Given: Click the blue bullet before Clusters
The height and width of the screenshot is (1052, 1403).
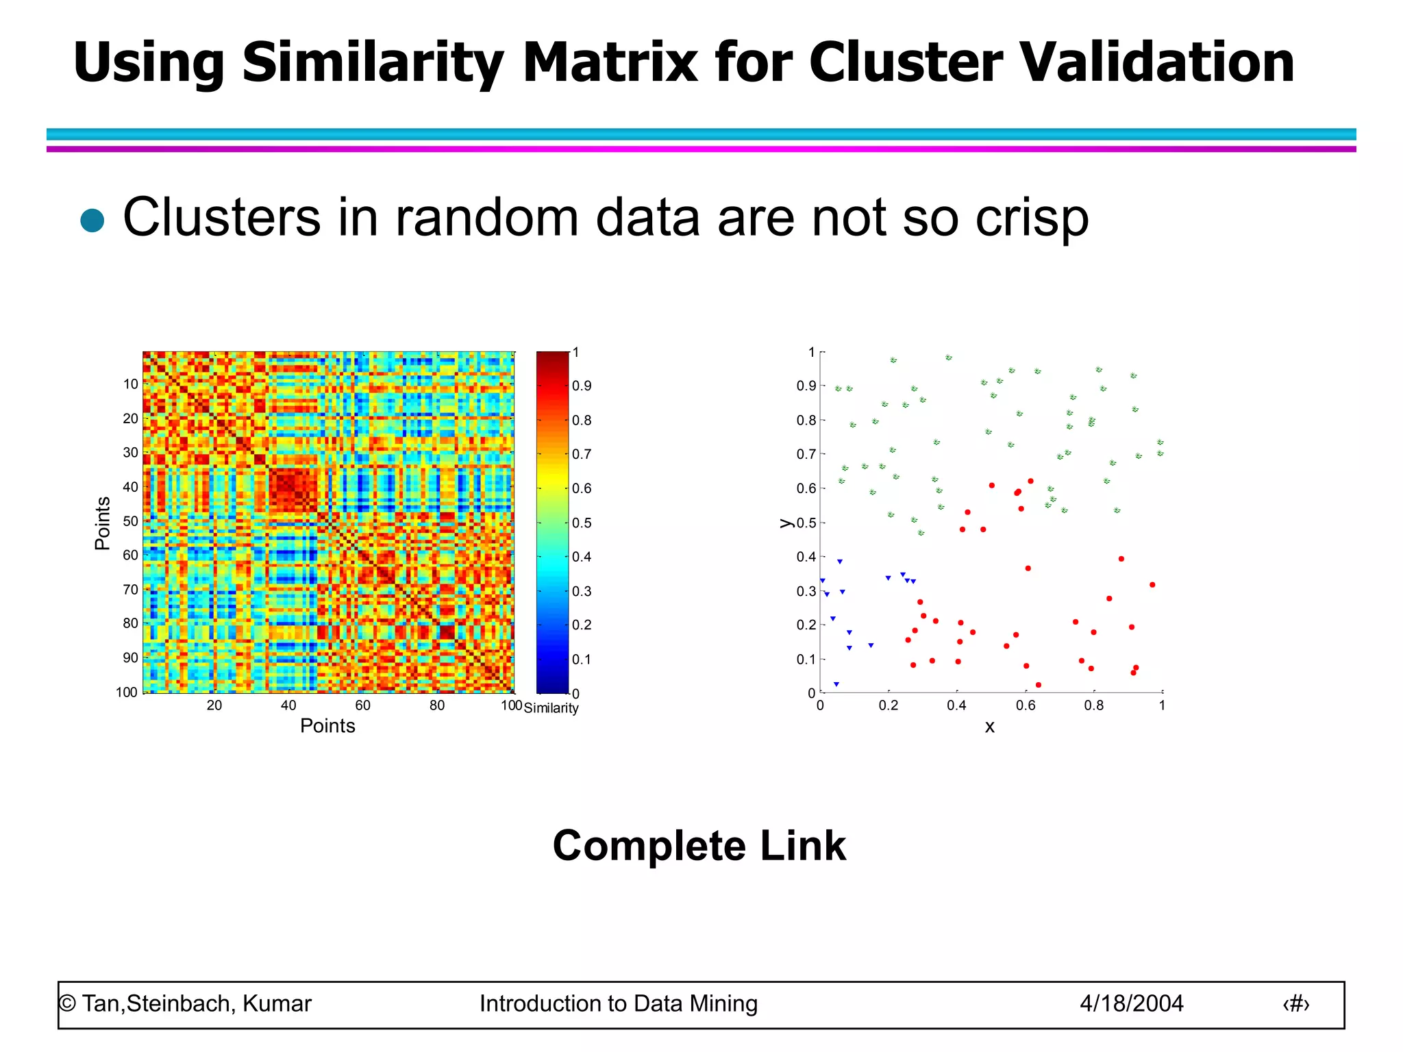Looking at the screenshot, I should (x=92, y=221).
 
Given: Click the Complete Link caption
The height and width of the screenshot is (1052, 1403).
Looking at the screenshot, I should (x=699, y=846).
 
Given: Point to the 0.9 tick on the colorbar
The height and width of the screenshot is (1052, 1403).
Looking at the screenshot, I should (x=582, y=386).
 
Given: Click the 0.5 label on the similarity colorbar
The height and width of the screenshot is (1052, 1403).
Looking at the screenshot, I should (x=582, y=523).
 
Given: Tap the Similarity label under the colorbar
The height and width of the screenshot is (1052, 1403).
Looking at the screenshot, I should (x=551, y=708).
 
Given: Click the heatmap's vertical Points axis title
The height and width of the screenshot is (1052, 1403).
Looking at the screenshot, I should (x=103, y=523).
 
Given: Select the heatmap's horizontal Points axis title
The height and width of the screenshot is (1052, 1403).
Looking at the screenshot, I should (x=327, y=726).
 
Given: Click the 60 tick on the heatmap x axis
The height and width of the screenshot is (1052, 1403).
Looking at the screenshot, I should (x=362, y=705).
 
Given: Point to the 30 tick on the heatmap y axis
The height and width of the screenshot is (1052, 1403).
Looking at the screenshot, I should (x=130, y=453).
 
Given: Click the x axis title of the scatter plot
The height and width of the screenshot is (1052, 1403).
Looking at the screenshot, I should (x=989, y=727).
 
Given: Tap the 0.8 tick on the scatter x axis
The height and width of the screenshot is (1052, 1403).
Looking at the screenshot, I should (x=1093, y=705).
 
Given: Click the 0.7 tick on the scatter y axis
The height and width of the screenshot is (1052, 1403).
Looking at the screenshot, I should (x=806, y=454).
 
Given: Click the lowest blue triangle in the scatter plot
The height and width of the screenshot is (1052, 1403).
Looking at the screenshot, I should (x=836, y=684).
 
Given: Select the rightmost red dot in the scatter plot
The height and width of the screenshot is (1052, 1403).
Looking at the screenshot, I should (x=1152, y=585).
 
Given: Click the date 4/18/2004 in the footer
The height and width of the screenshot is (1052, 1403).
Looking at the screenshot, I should (x=1131, y=1004).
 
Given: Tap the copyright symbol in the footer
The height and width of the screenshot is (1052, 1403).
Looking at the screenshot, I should (x=67, y=1004).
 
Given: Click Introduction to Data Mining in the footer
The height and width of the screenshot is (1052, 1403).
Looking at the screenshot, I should (x=618, y=1004).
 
